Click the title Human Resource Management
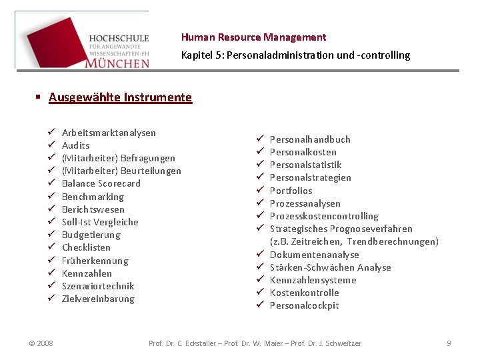(x=253, y=37)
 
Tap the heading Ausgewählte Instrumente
(x=120, y=97)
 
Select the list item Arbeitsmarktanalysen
(x=109, y=133)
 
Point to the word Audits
(x=75, y=145)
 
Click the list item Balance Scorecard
(x=101, y=183)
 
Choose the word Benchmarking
(x=93, y=197)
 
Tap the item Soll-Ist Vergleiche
(x=100, y=222)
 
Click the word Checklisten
(x=86, y=247)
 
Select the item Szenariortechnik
(x=98, y=286)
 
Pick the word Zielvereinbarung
(x=98, y=299)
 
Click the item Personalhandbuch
(x=309, y=139)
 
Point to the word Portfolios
(x=291, y=191)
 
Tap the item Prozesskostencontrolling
(x=323, y=216)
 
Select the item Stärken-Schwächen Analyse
(x=330, y=267)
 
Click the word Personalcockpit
(x=304, y=305)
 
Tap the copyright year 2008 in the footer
(x=41, y=343)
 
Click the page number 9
(x=449, y=343)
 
